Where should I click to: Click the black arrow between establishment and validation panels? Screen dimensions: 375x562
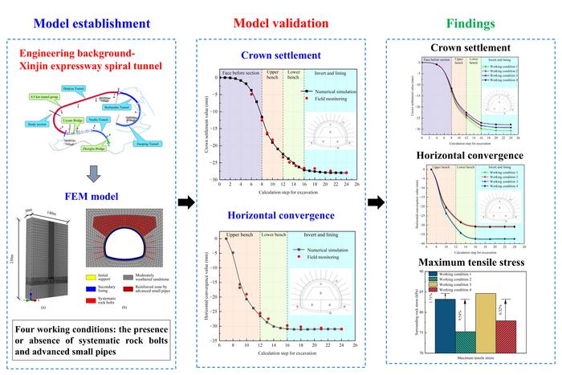184,202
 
